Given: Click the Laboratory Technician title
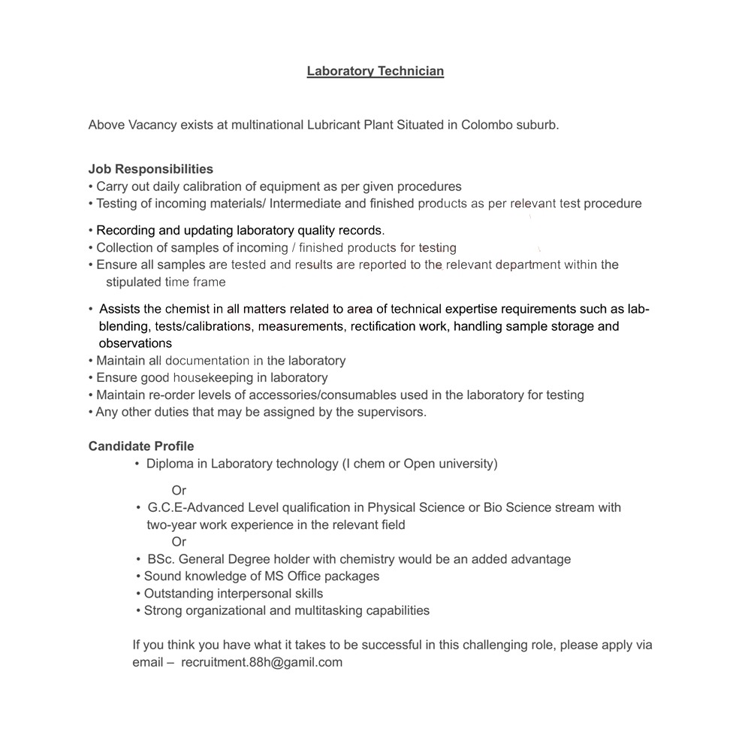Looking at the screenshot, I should [375, 71].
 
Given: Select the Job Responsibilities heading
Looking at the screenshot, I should [150, 169].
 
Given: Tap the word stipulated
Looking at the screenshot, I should [134, 282].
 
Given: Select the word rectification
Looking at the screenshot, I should [383, 326].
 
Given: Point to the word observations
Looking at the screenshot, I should [135, 343].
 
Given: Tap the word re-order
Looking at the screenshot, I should [185, 395].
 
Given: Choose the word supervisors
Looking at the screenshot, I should [389, 412].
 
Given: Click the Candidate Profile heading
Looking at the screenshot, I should [141, 446].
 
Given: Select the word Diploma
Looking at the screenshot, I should [170, 464].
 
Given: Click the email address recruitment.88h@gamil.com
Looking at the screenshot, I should [261, 662].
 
